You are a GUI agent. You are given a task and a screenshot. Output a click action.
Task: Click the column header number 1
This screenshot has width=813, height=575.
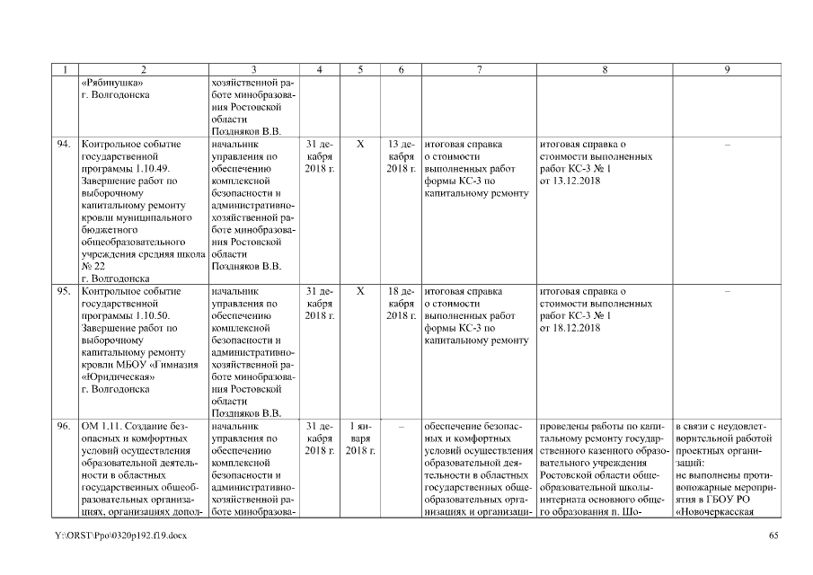(65, 69)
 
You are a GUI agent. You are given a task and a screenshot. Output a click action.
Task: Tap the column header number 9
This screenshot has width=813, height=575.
(726, 69)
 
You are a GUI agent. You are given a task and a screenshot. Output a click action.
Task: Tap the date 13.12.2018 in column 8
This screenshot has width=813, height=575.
(570, 181)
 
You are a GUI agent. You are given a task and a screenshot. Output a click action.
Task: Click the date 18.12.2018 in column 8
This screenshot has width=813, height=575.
(570, 329)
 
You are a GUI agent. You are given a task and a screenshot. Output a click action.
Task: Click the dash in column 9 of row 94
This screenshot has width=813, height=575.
(726, 144)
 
